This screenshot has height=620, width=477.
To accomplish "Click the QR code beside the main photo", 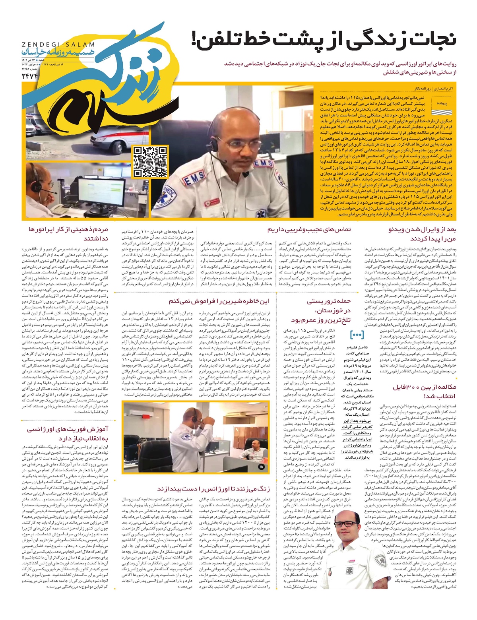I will click(150, 161).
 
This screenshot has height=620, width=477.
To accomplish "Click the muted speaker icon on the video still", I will click(262, 467).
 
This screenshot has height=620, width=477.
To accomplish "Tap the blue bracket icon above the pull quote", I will click(357, 334).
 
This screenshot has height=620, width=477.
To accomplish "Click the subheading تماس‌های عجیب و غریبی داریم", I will click(309, 229).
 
